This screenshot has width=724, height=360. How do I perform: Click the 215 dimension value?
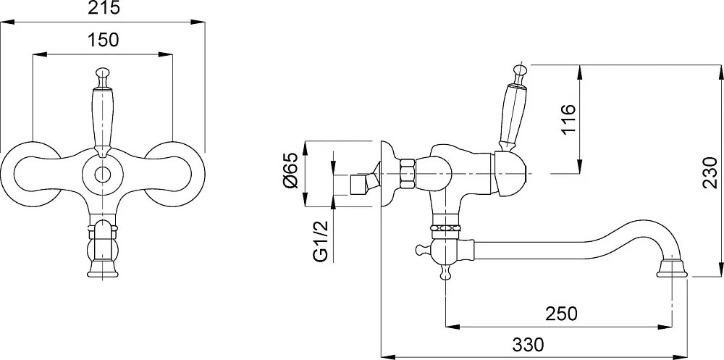(103, 7)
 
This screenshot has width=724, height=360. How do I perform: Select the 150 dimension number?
(103, 40)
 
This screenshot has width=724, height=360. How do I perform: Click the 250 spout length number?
(562, 314)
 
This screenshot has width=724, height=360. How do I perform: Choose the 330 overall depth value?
(529, 344)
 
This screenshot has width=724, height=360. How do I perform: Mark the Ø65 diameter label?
(292, 171)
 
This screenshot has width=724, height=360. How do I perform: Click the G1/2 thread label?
(321, 240)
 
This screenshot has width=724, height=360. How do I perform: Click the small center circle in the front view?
(103, 175)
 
